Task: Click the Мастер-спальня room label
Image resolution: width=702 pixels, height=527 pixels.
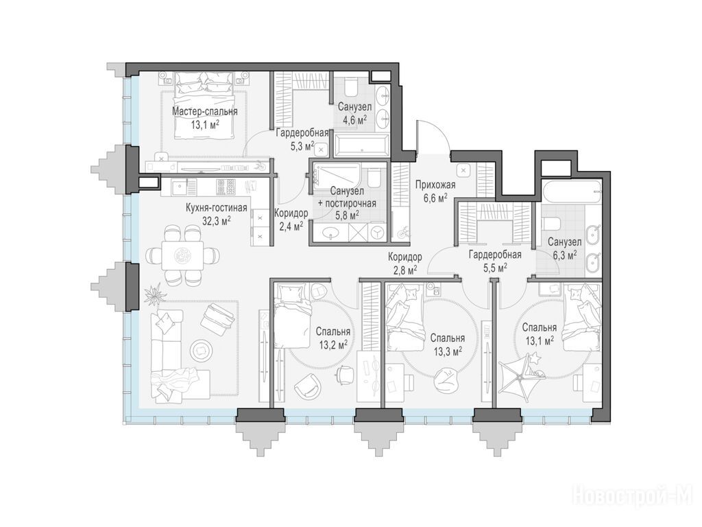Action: [x=205, y=111]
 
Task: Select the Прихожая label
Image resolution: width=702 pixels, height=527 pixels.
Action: [x=435, y=185]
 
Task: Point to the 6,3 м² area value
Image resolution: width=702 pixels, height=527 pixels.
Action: [x=564, y=255]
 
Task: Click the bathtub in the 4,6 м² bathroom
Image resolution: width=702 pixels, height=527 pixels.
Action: [x=362, y=144]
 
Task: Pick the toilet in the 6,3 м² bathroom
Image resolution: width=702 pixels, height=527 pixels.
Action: [x=550, y=223]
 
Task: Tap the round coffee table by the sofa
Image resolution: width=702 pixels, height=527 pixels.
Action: [x=201, y=348]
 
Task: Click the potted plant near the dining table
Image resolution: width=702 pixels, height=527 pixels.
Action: [x=156, y=294]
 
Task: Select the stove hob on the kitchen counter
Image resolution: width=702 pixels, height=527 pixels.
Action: [x=226, y=187]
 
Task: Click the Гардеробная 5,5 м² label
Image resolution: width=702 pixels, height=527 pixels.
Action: [x=495, y=261]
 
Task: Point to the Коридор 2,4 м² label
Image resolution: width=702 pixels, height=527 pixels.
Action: [x=291, y=219]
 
